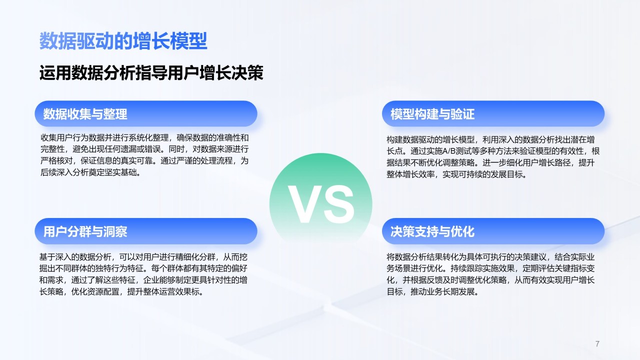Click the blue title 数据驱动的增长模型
[x=123, y=41]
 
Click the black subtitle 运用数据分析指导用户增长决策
[x=151, y=73]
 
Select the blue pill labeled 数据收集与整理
[x=146, y=113]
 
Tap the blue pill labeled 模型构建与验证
[x=493, y=113]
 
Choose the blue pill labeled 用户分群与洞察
[x=146, y=231]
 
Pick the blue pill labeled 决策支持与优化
[x=493, y=231]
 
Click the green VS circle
[x=320, y=204]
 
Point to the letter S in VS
[x=338, y=204]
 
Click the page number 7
[x=597, y=343]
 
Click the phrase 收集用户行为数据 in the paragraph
[x=72, y=138]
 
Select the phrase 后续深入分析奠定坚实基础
[x=88, y=172]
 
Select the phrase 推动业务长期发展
[x=442, y=291]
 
